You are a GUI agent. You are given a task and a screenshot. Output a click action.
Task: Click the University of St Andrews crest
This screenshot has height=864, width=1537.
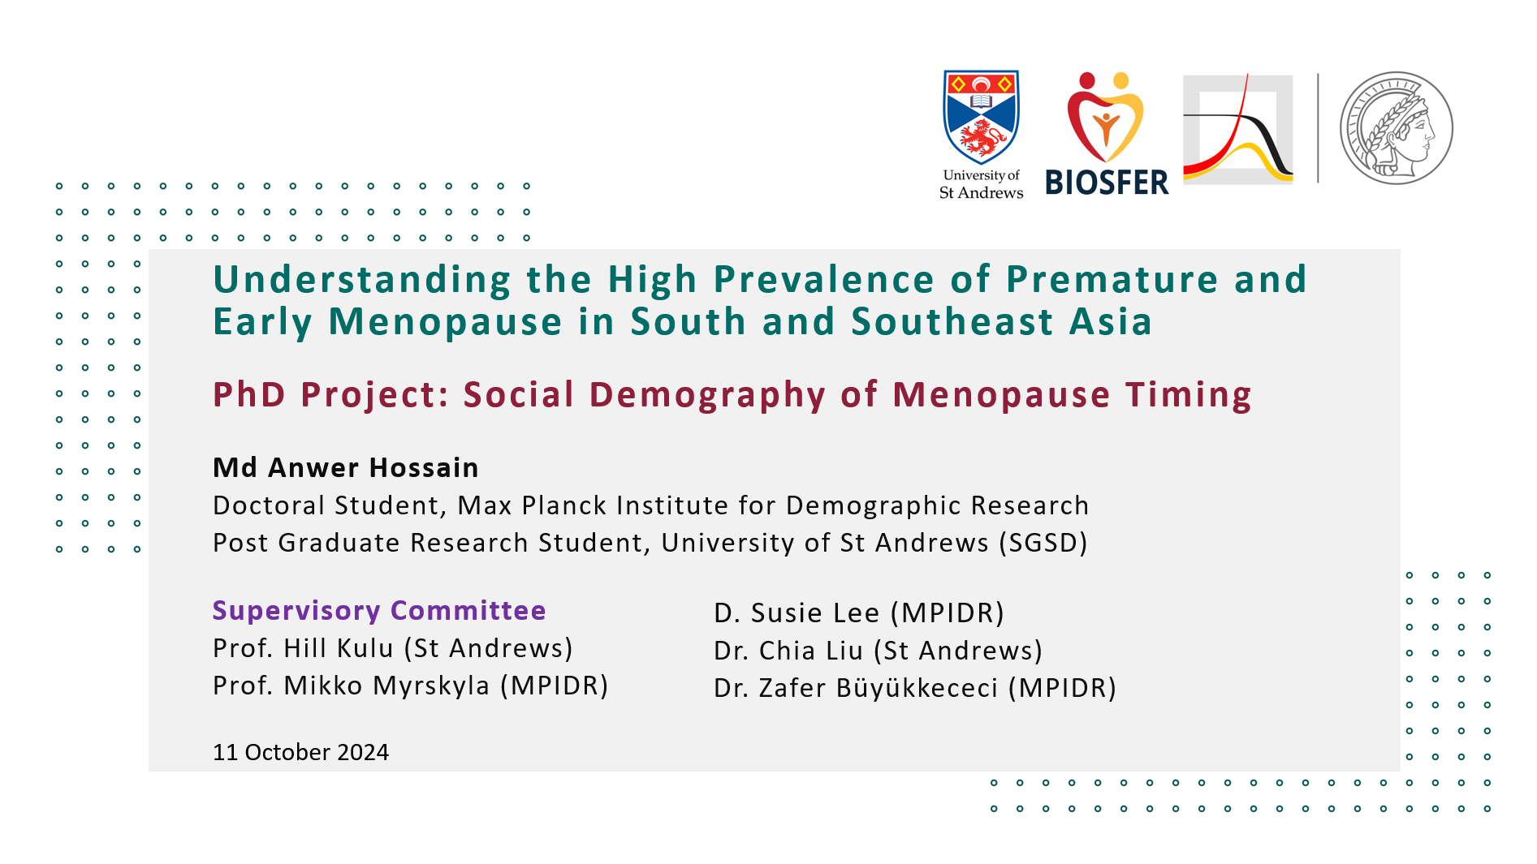981,116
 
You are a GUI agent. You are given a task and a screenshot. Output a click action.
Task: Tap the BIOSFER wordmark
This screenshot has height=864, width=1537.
1107,183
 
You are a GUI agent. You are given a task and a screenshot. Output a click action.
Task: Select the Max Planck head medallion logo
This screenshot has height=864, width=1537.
1396,127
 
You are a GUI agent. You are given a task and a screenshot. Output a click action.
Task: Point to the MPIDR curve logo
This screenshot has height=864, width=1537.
1238,128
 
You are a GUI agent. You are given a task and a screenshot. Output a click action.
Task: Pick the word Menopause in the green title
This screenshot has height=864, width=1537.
445,322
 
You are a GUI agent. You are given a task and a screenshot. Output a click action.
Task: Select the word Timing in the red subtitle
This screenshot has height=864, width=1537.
1189,396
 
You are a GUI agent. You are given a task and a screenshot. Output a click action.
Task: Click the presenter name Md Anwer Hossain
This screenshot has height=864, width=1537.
346,468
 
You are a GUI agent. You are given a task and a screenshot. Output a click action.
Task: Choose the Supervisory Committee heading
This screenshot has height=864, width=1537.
379,610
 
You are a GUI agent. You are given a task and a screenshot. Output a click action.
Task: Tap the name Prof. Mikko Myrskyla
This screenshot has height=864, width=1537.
352,686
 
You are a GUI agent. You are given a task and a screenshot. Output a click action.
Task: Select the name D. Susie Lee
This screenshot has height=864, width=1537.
797,613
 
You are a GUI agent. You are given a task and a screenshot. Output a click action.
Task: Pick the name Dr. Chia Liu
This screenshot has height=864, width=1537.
788,651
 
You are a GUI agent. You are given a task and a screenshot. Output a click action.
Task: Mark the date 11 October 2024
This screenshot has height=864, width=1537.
300,752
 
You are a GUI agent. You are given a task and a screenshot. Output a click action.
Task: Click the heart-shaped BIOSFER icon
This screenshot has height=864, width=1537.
1105,118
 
